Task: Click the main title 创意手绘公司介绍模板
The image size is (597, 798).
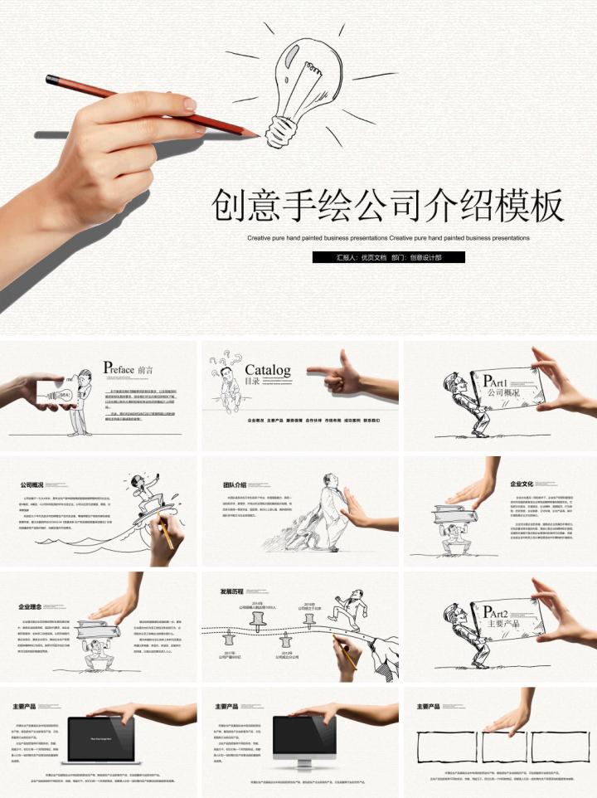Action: pyautogui.click(x=388, y=206)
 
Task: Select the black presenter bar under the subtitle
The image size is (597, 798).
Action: pyautogui.click(x=389, y=258)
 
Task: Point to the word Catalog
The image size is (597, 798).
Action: pyautogui.click(x=267, y=370)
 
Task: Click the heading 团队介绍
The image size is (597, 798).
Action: pyautogui.click(x=235, y=485)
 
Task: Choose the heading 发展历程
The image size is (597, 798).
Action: pyautogui.click(x=233, y=591)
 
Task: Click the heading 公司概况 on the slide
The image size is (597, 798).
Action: pyautogui.click(x=32, y=485)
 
